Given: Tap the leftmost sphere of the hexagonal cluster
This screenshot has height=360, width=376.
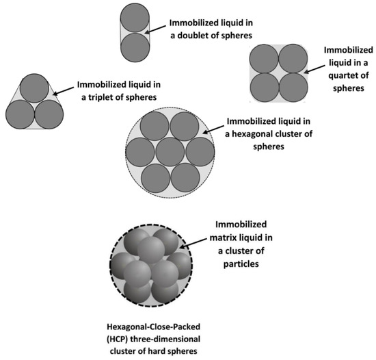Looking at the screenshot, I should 139,151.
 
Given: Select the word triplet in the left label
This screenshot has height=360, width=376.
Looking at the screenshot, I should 98,98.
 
